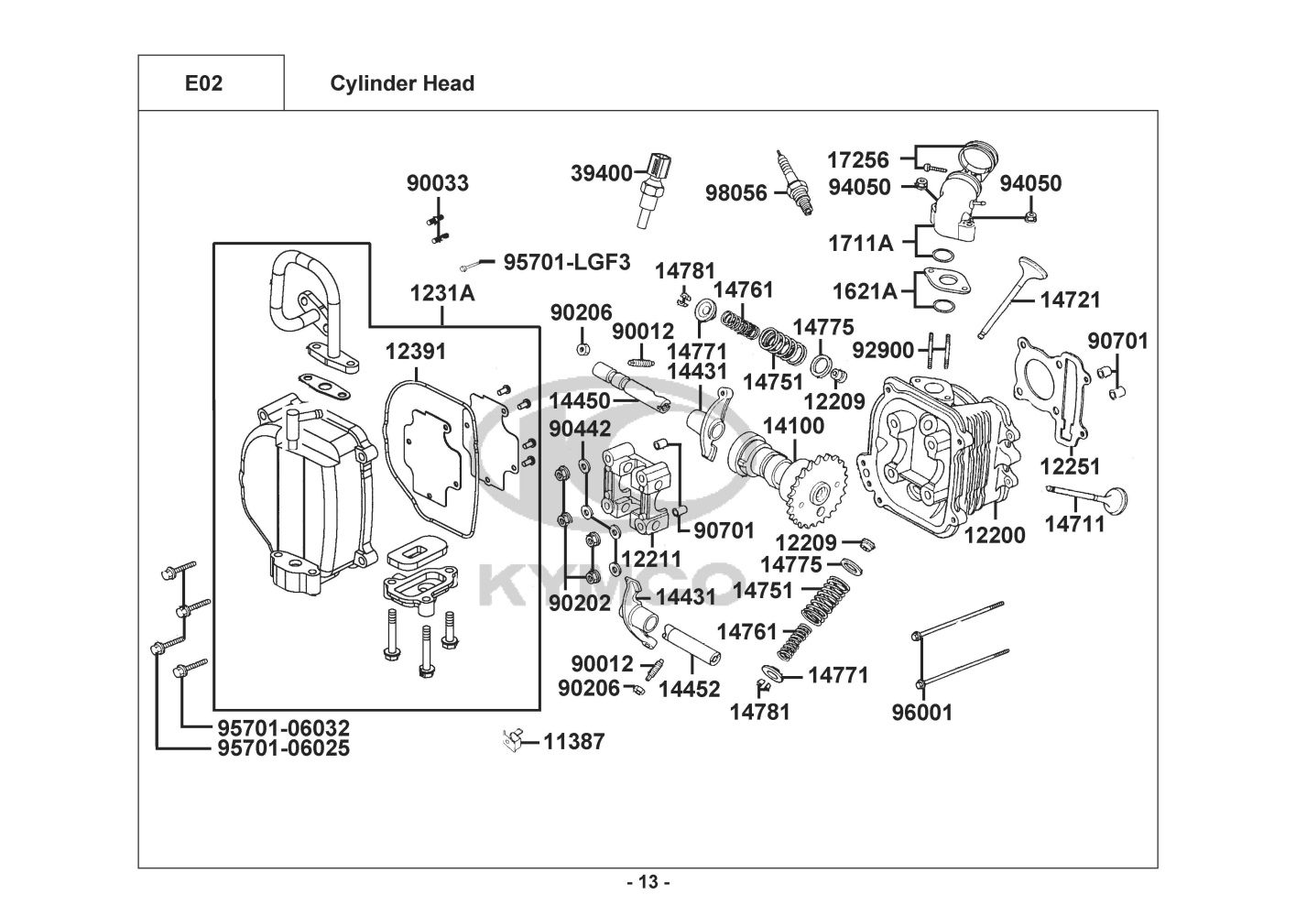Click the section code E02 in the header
(203, 83)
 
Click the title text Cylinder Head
(402, 83)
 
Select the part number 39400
(602, 173)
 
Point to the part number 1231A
(442, 293)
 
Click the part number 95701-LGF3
(567, 263)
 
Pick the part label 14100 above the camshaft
(793, 426)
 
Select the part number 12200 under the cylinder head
(995, 535)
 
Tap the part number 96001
(922, 712)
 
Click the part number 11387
(574, 741)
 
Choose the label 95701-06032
(284, 728)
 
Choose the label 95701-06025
(284, 748)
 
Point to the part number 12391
(415, 352)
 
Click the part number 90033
(438, 183)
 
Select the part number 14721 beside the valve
(1070, 300)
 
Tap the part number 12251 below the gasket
(1070, 466)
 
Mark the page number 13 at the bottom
(648, 883)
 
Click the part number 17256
(858, 160)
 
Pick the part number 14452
(690, 689)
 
